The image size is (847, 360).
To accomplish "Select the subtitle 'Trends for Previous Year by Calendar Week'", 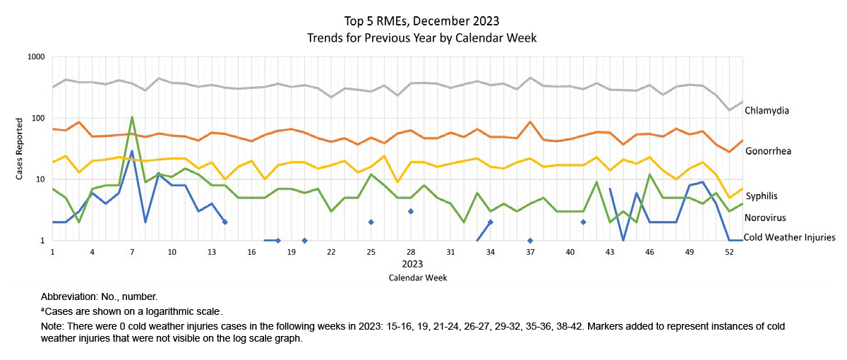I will pos(422,38).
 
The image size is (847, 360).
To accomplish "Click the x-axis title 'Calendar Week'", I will pos(417,278).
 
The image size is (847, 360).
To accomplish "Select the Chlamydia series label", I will pos(776,111).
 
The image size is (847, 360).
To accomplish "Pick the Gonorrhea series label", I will pos(778,151).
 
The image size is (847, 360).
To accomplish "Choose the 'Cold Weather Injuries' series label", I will pos(789,238).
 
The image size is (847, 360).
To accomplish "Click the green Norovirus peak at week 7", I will pos(132,117).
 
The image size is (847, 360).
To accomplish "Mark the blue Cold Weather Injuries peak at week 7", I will pos(132,151).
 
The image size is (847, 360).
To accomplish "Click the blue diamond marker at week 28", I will pos(410,211).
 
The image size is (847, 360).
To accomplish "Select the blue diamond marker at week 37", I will pos(529,241).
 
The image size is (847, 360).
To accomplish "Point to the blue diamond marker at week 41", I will pos(583,222).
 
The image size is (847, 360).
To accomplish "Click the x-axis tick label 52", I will pos(729,252).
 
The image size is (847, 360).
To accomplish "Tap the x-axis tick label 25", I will pos(371,252).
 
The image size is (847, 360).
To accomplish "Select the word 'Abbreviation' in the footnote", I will pos(71,297).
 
